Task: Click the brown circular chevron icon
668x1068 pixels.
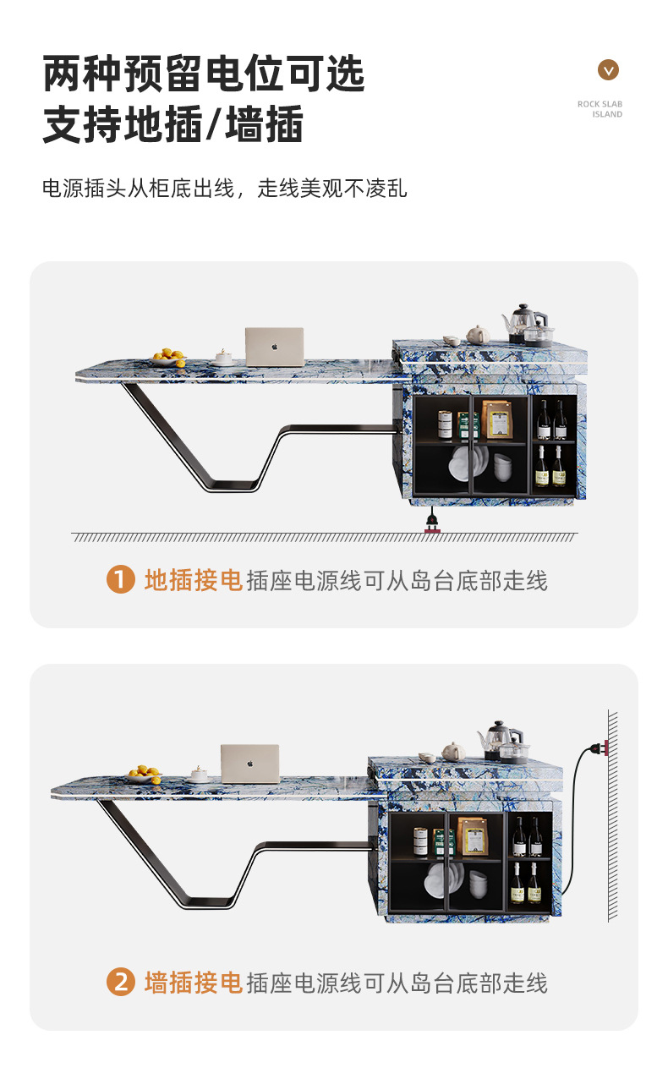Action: point(608,70)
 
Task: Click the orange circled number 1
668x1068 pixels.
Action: point(120,580)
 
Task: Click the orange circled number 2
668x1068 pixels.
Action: point(120,982)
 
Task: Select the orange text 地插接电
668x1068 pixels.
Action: point(194,580)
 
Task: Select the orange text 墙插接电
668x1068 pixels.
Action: point(194,982)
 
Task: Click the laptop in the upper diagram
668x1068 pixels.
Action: point(274,346)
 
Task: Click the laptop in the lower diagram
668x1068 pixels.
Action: point(249,763)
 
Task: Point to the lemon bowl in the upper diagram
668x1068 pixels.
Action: point(169,358)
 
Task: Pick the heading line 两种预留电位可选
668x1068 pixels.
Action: point(204,74)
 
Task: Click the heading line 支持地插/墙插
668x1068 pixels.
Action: point(172,126)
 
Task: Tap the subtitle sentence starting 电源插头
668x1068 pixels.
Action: point(224,188)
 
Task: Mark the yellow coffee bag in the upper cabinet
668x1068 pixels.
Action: point(497,419)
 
